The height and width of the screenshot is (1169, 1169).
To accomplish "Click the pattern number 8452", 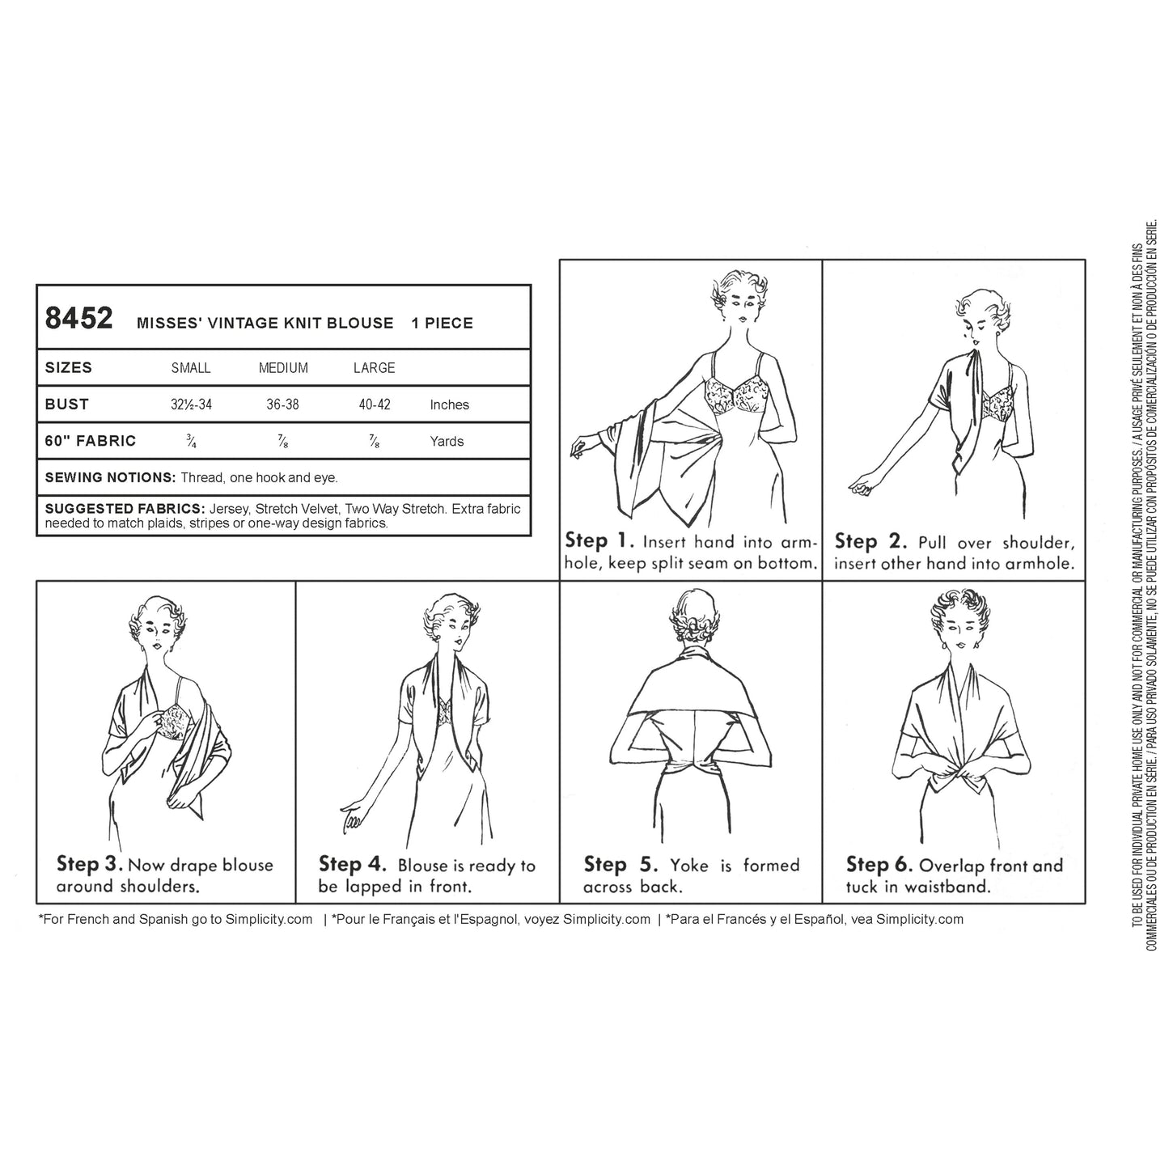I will pos(78,318).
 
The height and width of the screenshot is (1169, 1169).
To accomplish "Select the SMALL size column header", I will pos(191,368).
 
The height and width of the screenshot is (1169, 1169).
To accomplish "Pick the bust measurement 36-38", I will pos(282,404).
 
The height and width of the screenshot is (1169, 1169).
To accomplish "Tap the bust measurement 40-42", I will pos(375,404).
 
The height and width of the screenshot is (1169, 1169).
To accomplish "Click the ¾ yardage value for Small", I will pos(191,441).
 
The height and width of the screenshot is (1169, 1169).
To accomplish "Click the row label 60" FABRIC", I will pos(91,441).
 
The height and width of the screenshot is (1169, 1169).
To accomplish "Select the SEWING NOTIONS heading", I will pos(110,477).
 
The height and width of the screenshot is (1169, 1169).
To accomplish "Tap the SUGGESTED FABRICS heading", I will pos(125,509).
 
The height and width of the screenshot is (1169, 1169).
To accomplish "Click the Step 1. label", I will pos(599,541).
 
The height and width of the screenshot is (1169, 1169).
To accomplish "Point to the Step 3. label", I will pos(90,864).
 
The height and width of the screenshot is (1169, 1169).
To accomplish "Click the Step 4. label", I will pos(353,864).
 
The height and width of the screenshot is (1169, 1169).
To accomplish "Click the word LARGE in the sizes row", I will pos(375,368).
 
